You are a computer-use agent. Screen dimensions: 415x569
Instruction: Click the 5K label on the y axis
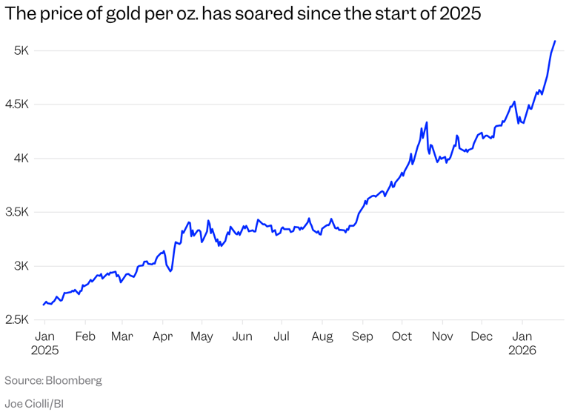click(20, 50)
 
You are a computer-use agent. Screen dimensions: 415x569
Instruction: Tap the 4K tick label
click(20, 158)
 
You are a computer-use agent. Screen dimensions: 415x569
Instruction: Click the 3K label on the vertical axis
click(20, 265)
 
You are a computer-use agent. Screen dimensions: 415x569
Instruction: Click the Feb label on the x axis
click(85, 336)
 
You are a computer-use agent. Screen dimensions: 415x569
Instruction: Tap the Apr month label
click(162, 336)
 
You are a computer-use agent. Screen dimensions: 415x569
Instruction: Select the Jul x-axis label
click(282, 336)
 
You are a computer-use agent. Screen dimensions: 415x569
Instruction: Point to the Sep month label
click(362, 336)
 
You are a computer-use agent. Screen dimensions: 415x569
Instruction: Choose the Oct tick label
click(402, 336)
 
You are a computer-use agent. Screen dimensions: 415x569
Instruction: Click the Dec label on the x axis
click(482, 336)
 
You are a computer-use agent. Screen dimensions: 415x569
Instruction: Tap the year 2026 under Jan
click(522, 351)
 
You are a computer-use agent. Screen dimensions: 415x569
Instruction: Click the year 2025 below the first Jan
click(44, 351)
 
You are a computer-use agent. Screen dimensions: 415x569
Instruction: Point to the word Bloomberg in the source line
click(73, 380)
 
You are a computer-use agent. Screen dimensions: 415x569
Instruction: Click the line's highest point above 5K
click(555, 41)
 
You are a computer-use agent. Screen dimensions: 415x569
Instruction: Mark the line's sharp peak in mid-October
click(427, 123)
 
